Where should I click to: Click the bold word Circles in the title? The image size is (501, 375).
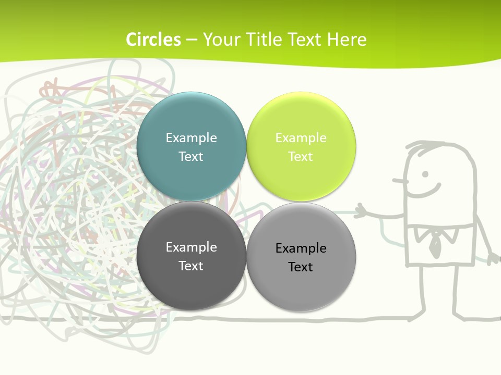click(x=153, y=40)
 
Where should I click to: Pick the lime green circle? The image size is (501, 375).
click(x=301, y=172)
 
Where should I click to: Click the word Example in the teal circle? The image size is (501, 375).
click(x=191, y=138)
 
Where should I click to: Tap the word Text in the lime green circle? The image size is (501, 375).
click(x=301, y=157)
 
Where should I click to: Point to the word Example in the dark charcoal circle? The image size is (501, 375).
click(x=191, y=247)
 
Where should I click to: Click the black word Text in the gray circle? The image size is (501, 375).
click(x=301, y=267)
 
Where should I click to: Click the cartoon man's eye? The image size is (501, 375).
click(x=425, y=173)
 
